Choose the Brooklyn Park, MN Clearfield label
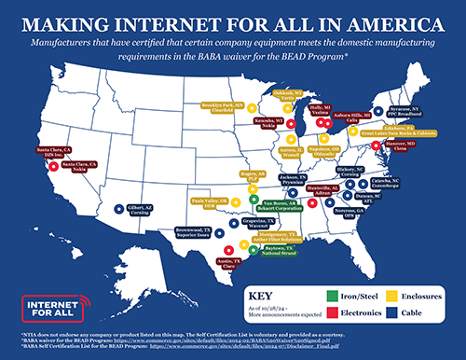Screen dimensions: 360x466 [223, 107]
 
